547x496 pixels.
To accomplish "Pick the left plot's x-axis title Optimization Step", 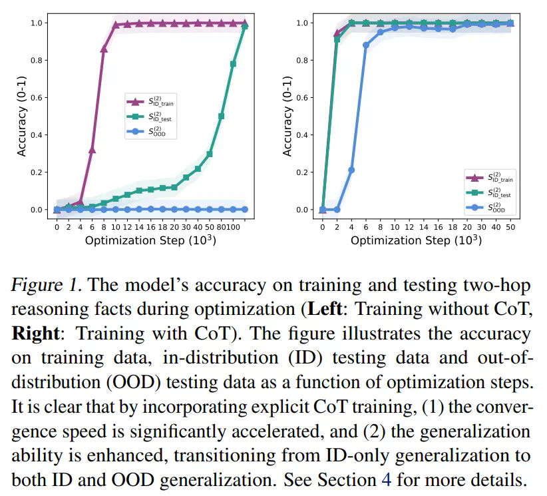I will click(150, 240).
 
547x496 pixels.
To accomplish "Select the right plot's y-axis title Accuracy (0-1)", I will click(287, 116).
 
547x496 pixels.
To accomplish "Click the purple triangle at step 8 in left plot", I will click(104, 49).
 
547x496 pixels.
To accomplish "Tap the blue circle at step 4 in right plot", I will click(351, 170).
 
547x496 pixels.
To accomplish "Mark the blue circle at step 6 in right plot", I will click(366, 45).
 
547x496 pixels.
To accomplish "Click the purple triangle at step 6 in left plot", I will click(92, 150).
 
